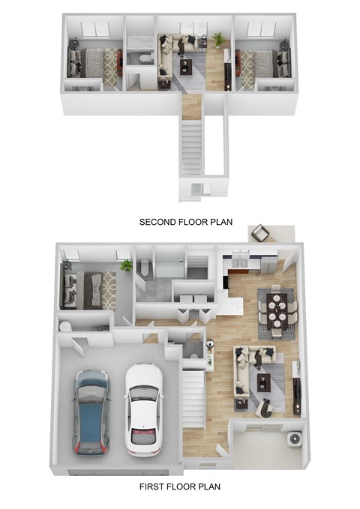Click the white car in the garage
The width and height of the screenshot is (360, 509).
pos(142,409)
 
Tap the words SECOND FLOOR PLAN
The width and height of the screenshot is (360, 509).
pos(186,222)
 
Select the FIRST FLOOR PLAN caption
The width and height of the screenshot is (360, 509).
pos(180,487)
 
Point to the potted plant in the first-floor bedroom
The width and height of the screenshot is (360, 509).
pos(126,265)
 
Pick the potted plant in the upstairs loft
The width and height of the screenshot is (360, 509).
pos(218,38)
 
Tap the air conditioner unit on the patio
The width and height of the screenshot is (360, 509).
pos(293,439)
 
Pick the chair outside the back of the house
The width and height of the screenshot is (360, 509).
pos(259,233)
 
